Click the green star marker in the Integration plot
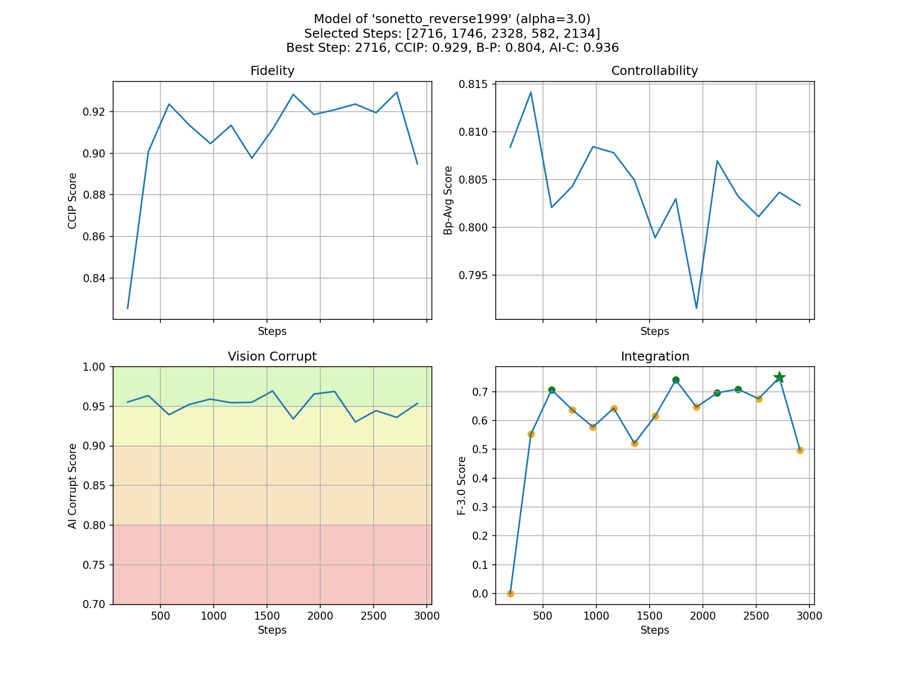tap(779, 377)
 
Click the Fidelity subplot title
tap(272, 71)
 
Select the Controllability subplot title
tap(654, 71)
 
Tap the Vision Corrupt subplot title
tap(272, 357)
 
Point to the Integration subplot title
tap(655, 357)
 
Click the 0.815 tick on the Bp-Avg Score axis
tap(474, 84)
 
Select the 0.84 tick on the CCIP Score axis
tap(95, 278)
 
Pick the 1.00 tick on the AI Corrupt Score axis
tap(95, 367)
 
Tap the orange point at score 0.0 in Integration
tap(510, 593)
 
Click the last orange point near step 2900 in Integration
tap(800, 450)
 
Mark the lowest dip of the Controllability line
tap(696, 308)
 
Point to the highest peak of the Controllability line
tap(531, 93)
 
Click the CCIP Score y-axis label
tap(72, 201)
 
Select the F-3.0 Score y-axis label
tap(461, 485)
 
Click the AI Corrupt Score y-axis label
tap(72, 485)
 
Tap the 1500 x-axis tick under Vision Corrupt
tap(266, 616)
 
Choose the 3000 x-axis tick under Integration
tap(809, 616)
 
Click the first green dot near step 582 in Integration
tap(552, 390)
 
